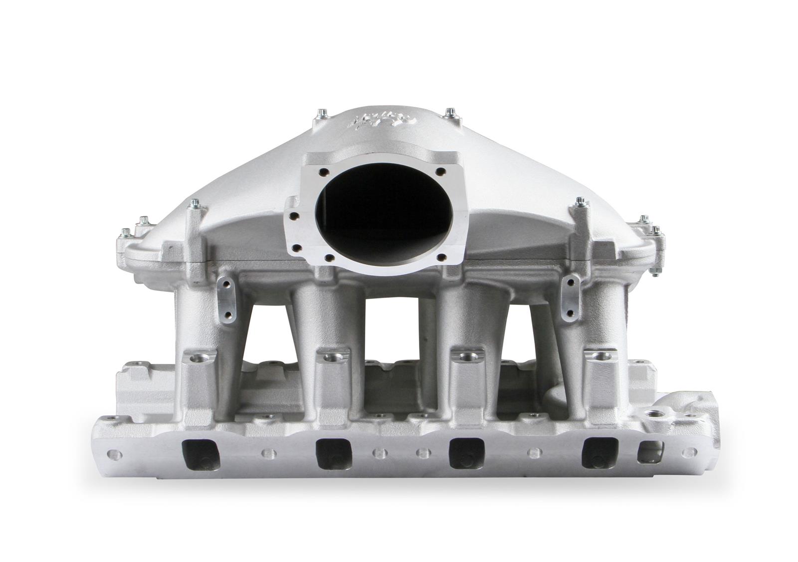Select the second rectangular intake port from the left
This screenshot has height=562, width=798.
click(331, 453)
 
